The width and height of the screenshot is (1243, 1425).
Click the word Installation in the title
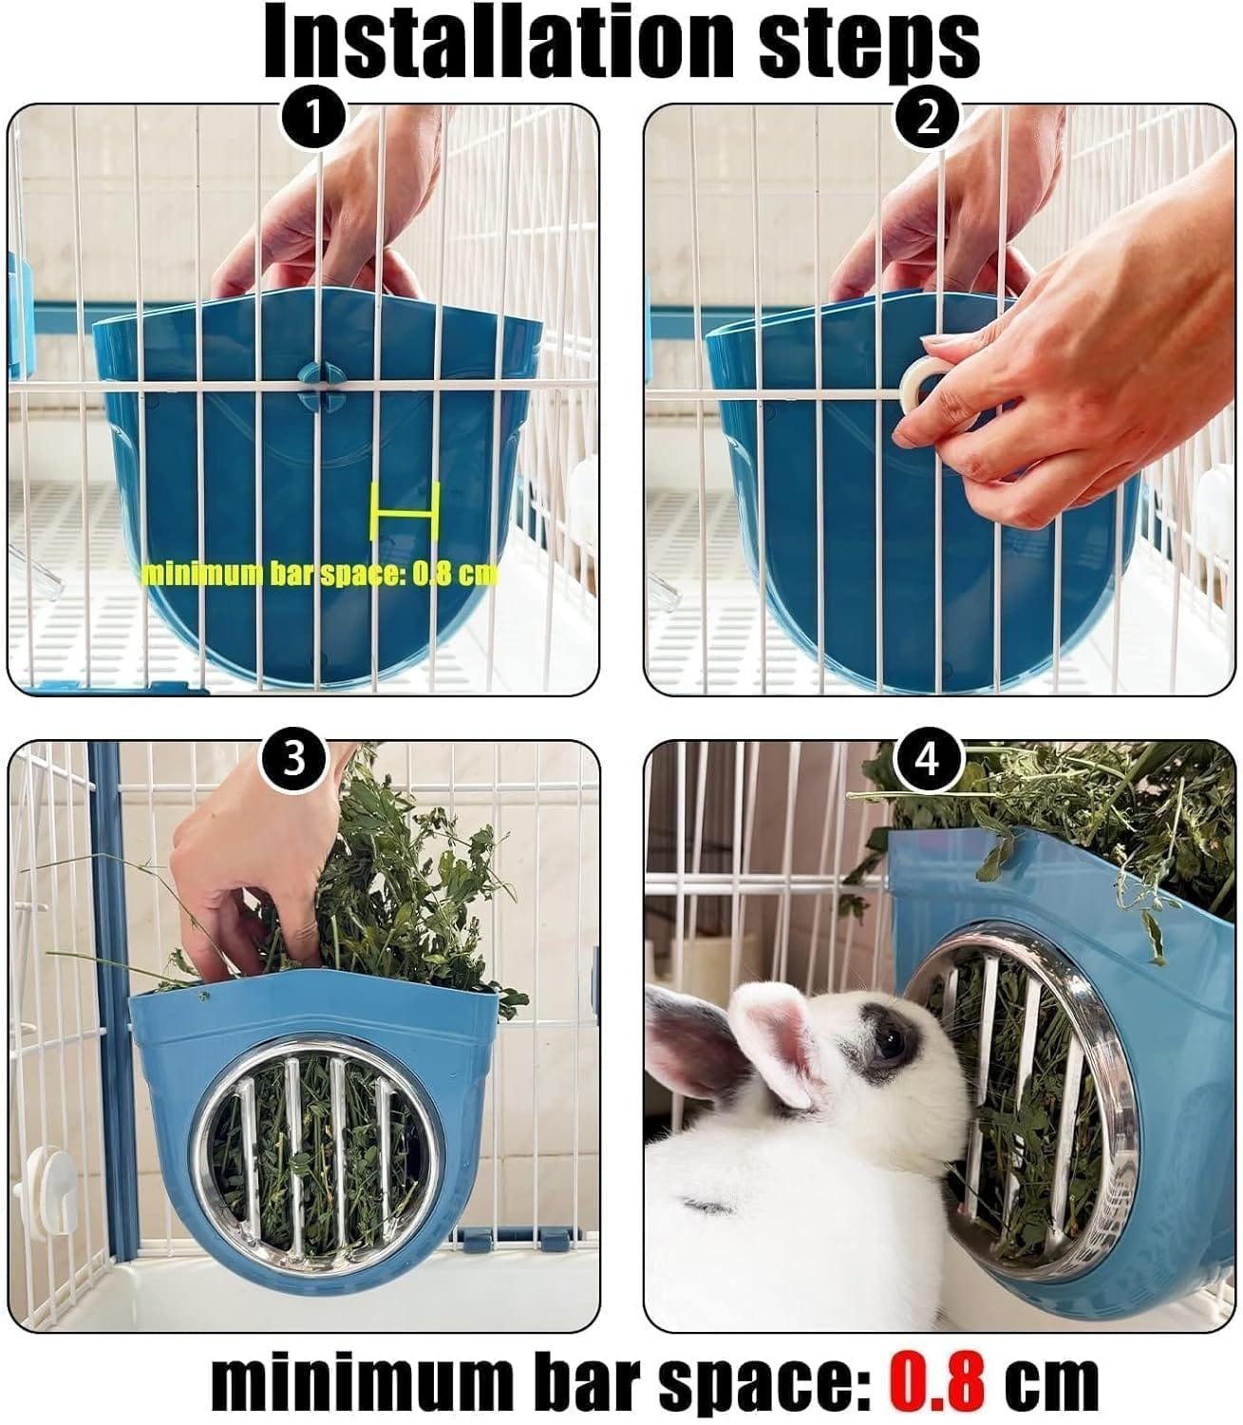(x=499, y=42)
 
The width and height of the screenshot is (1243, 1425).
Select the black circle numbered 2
(x=927, y=119)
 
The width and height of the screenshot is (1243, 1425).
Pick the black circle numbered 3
(x=293, y=758)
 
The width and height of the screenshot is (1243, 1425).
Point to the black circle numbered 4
(x=928, y=758)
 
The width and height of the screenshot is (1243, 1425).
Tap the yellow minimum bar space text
(x=319, y=574)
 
